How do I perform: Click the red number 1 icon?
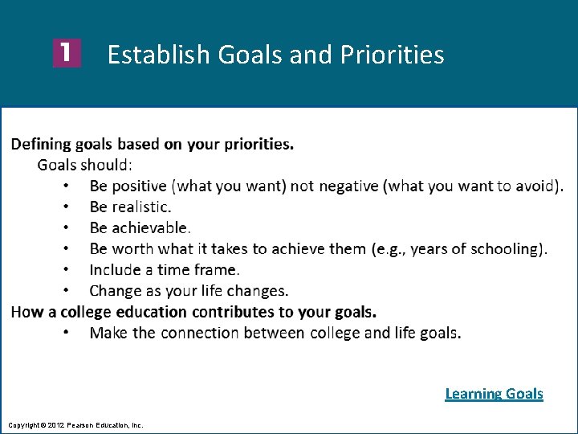pos(67,54)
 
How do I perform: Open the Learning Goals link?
pos(494,394)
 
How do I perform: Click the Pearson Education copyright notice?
pos(75,424)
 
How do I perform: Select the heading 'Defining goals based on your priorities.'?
pos(153,145)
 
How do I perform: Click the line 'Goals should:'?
pos(85,166)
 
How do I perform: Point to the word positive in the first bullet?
pos(140,186)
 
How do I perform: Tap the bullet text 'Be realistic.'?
pos(130,207)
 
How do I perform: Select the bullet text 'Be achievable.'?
pos(140,228)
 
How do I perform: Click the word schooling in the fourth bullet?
pos(503,249)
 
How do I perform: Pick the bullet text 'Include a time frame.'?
pos(165,270)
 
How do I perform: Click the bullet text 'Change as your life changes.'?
pos(189,291)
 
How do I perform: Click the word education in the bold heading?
pos(155,312)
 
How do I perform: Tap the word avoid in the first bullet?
pos(534,186)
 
